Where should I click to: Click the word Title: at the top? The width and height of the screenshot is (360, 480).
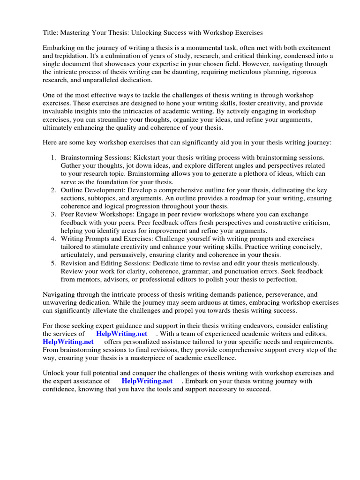(51, 33)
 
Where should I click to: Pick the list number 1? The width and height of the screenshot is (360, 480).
(53, 158)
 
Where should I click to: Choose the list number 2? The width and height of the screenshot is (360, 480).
(53, 190)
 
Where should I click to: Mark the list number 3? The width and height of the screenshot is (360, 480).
(53, 214)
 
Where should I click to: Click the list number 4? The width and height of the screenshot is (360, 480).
(53, 238)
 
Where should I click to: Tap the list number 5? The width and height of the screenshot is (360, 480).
(53, 263)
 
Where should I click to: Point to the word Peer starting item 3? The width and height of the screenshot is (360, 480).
(68, 214)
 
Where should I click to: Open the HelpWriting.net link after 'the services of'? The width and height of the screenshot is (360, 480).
(121, 334)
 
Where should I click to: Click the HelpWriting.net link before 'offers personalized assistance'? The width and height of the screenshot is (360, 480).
(68, 342)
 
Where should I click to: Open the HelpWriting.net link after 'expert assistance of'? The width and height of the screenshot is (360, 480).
(147, 381)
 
